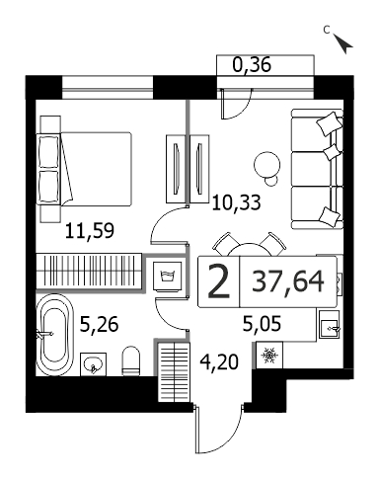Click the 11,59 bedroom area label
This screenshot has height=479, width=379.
point(90,231)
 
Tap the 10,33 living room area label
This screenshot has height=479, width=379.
point(236,202)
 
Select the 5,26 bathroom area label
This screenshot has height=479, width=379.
point(99,325)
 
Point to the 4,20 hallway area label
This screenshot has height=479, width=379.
point(219,362)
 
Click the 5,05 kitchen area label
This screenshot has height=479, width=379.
point(262,324)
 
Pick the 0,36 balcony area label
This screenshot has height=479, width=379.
point(252,64)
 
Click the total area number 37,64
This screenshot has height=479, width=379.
point(288,281)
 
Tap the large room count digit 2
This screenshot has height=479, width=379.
point(219,281)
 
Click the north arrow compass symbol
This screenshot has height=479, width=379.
point(342,43)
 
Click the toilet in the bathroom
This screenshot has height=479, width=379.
point(130,360)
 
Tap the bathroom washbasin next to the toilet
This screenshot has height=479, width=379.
point(93,364)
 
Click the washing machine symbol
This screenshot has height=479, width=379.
point(168,277)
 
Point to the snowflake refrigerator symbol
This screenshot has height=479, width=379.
point(269,355)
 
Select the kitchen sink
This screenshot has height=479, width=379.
point(330,325)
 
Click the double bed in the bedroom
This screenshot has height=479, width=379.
point(86,169)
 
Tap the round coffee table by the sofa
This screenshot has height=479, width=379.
point(267,164)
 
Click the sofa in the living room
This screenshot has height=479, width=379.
point(317,169)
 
